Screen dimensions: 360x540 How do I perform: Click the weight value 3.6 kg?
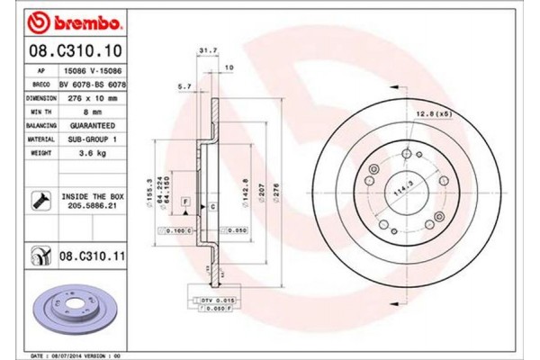pos(93,153)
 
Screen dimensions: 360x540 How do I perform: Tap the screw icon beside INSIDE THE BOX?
pos(40,200)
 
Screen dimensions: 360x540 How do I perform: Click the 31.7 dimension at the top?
pos(205,50)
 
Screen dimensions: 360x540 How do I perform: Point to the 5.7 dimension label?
pos(184,85)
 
